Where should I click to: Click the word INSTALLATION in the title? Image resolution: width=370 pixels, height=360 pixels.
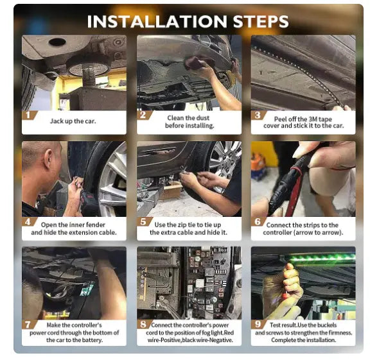157,21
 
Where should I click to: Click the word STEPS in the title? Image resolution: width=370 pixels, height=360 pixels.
261,21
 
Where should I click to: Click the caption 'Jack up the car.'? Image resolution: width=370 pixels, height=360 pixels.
73,121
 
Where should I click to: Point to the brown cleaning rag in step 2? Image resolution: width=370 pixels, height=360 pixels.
198,62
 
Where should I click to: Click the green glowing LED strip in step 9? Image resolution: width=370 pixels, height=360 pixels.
322,258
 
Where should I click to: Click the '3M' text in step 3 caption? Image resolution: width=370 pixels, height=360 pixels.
313,119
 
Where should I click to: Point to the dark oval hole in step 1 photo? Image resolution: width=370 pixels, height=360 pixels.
57,42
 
